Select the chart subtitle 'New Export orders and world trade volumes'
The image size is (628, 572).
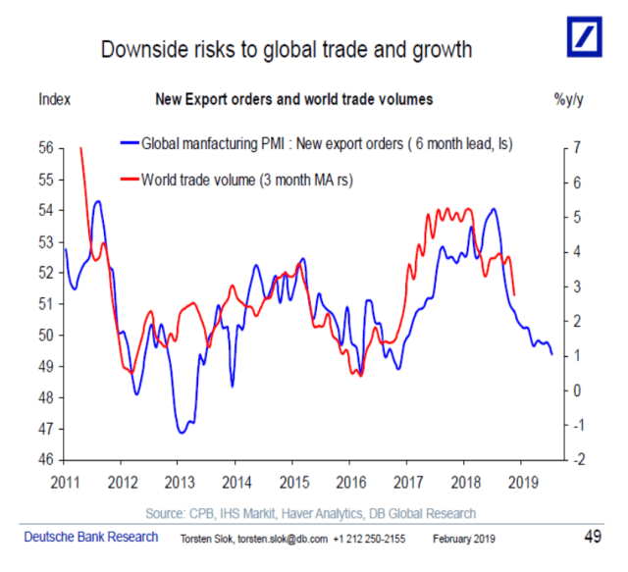click(294, 99)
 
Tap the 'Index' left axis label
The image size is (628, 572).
click(54, 99)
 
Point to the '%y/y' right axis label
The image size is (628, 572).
click(570, 99)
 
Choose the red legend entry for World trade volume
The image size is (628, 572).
click(245, 180)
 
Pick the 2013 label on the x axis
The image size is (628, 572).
click(178, 482)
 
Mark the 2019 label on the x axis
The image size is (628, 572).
click(522, 482)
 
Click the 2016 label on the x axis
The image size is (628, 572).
click(350, 482)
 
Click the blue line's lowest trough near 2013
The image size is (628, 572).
click(182, 432)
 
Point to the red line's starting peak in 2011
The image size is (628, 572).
click(79, 148)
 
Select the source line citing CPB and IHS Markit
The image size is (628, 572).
click(310, 513)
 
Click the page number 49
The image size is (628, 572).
click(592, 537)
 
